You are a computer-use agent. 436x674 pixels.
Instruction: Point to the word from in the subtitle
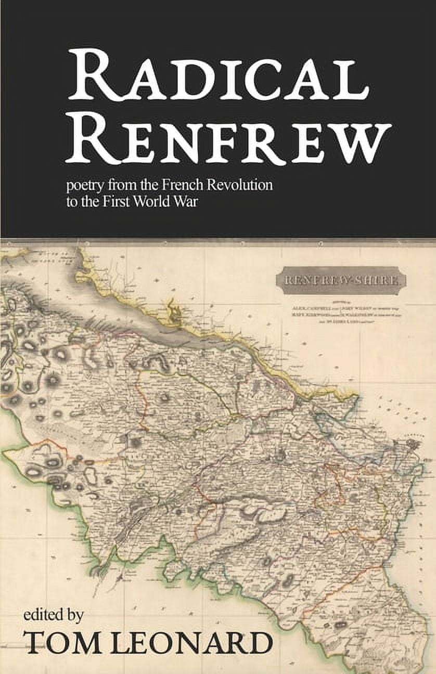point(114,186)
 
